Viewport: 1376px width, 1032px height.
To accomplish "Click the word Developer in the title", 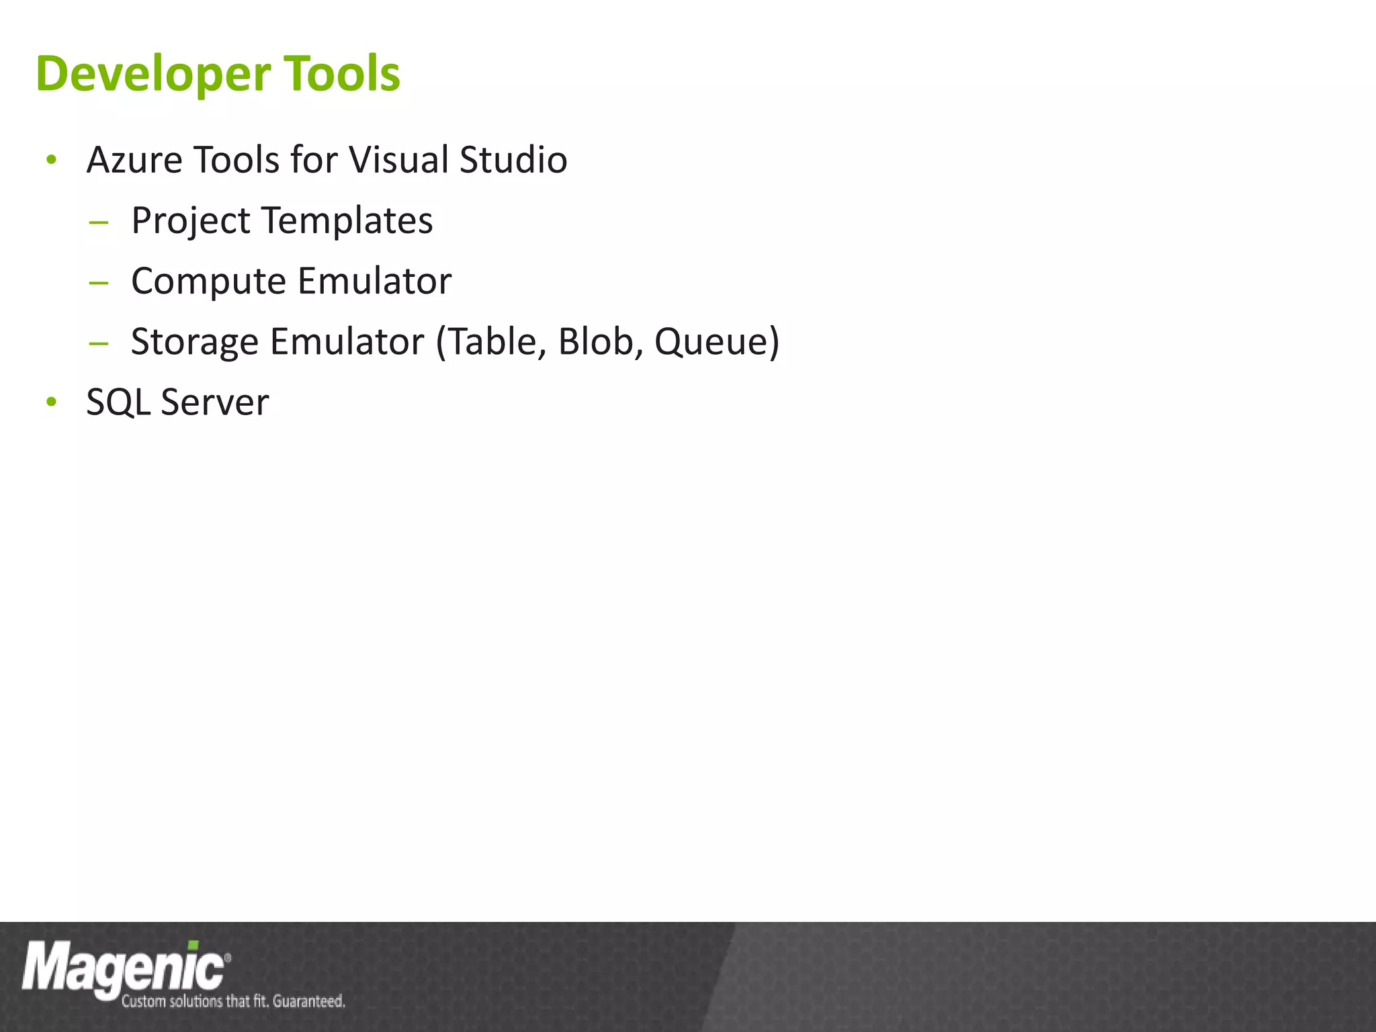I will click(153, 74).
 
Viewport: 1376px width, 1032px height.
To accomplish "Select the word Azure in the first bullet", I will click(134, 161).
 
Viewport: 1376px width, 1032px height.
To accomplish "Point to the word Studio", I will click(513, 161).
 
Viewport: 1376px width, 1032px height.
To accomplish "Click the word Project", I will click(191, 222).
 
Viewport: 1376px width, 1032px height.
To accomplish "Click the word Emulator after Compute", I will click(374, 281).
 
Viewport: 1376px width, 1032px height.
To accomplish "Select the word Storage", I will click(194, 342).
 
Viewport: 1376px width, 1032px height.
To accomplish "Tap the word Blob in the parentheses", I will click(595, 341).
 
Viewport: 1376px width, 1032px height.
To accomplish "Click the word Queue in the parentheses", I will click(712, 341).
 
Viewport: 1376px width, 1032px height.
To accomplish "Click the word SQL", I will click(118, 402).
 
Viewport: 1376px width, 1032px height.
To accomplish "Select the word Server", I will click(215, 402).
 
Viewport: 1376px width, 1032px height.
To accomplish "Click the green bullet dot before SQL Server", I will click(52, 402).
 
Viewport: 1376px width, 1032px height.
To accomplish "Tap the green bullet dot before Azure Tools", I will click(52, 161).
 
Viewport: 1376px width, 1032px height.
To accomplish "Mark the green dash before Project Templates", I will click(98, 222).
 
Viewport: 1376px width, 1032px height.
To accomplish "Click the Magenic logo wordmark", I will click(124, 967).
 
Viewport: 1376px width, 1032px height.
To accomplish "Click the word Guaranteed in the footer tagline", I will click(308, 1002).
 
